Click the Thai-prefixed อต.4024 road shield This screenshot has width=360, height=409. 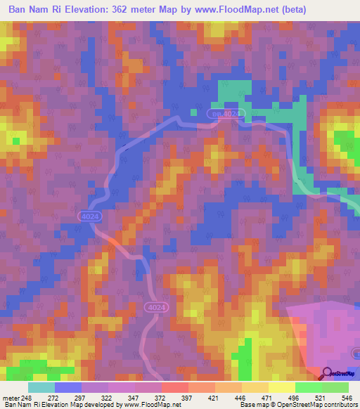click(226, 113)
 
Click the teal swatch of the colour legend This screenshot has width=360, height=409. click(41, 387)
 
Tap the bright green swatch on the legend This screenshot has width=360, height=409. click(309, 387)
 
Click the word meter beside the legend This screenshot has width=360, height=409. click(10, 397)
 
